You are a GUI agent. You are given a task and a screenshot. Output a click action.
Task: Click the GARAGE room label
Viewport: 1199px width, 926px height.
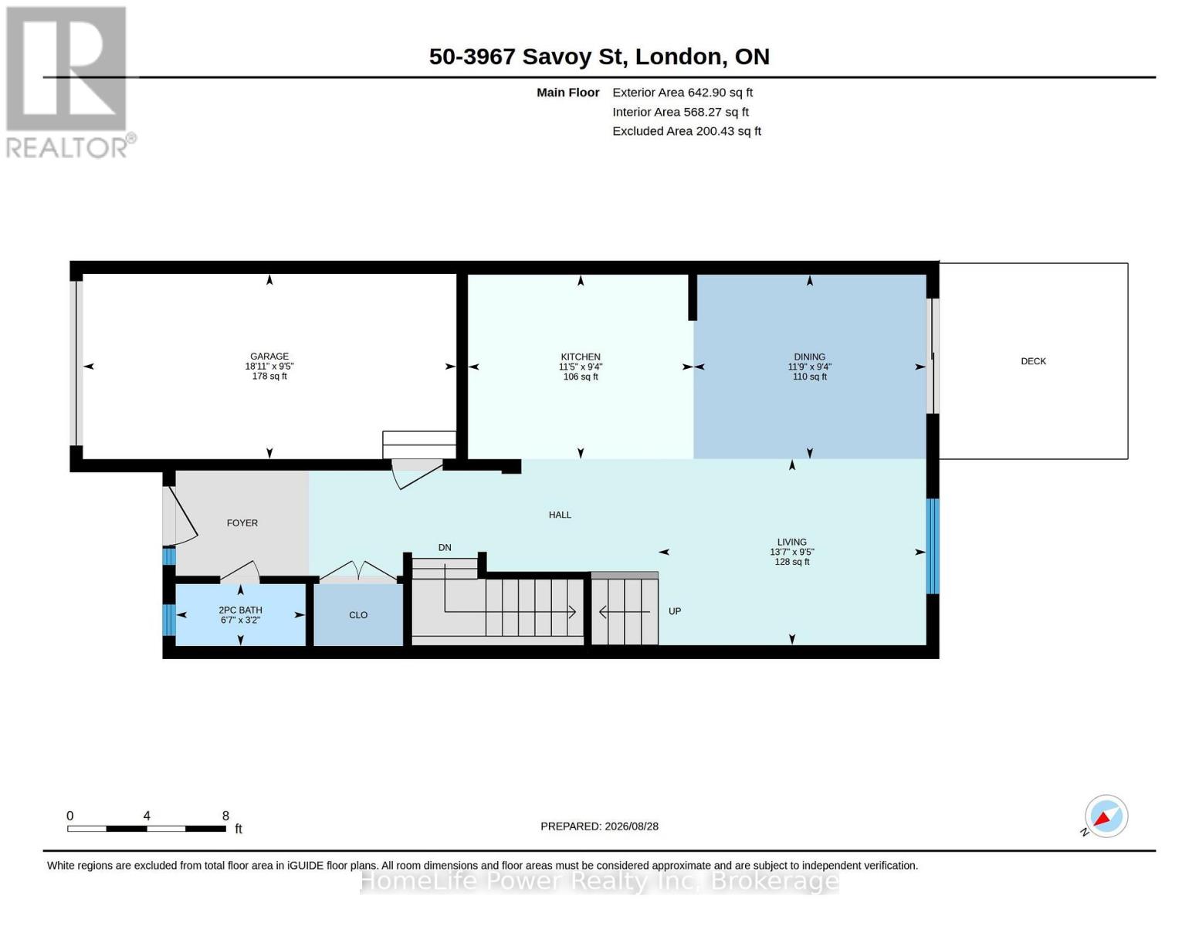(x=269, y=357)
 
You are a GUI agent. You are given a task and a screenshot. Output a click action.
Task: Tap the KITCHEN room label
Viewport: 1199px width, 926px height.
(x=581, y=357)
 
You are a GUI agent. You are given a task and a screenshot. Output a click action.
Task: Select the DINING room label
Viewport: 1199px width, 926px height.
(x=809, y=357)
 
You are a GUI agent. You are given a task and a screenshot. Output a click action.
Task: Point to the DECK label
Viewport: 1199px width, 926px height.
(x=1034, y=361)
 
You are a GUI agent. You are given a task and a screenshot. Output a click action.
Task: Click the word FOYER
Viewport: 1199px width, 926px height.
(x=242, y=523)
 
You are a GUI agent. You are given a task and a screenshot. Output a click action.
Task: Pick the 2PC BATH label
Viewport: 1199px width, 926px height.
(x=240, y=610)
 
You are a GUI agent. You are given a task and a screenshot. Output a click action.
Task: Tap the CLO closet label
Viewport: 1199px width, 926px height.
(x=358, y=615)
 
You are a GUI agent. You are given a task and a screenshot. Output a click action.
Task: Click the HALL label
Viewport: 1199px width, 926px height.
(x=560, y=515)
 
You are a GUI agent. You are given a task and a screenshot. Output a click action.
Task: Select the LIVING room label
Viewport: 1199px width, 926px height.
(x=792, y=542)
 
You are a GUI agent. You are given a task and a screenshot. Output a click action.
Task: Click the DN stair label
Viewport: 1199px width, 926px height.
(x=445, y=548)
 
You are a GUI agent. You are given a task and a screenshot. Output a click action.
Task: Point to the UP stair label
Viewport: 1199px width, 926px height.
(x=675, y=611)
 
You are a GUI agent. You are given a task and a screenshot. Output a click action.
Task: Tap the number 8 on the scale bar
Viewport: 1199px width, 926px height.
(x=225, y=816)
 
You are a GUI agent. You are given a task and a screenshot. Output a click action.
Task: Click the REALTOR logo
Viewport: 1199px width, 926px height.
(x=69, y=83)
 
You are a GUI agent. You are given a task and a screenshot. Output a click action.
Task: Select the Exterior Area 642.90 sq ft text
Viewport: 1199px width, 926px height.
(x=682, y=93)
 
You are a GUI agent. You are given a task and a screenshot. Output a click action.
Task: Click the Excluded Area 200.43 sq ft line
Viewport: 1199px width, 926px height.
(x=686, y=131)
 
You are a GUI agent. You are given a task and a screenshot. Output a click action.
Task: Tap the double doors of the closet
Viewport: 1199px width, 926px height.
(x=359, y=571)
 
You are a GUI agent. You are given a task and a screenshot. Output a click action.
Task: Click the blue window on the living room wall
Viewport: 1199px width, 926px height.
(x=933, y=546)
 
